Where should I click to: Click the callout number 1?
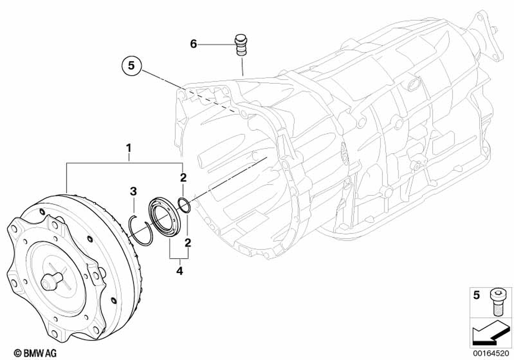coord(128,149)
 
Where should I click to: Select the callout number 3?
coord(133,191)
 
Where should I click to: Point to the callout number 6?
coord(193,44)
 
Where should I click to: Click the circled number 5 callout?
coord(131,66)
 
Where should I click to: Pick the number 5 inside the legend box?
coord(476,296)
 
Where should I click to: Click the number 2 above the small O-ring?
coord(182,178)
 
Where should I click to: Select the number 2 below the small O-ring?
coord(188,242)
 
